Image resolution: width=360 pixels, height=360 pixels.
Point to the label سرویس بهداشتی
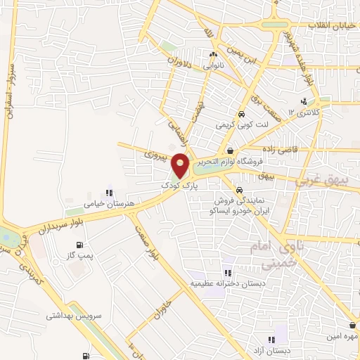[75, 316]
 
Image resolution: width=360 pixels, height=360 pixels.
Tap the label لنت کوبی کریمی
[241, 125]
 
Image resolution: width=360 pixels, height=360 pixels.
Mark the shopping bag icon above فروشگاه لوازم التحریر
[230, 150]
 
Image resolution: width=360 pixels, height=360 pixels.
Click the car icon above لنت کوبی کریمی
[241, 114]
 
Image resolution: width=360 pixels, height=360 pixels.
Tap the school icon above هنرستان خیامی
[109, 192]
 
